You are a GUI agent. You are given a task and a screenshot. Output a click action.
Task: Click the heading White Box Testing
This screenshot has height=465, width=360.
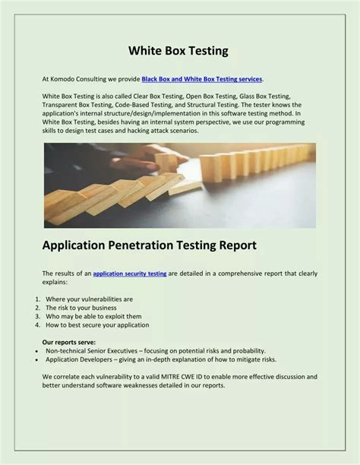point(178,51)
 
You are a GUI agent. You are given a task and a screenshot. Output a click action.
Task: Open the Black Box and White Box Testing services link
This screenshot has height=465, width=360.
point(202,79)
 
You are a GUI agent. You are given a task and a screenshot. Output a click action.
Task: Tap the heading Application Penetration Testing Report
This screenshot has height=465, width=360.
point(150,245)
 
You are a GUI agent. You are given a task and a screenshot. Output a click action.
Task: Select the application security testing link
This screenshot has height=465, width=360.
point(129,273)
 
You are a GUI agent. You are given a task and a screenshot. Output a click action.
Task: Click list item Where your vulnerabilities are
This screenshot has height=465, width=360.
point(89,299)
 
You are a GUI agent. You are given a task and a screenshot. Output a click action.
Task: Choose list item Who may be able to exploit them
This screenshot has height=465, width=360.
point(93,316)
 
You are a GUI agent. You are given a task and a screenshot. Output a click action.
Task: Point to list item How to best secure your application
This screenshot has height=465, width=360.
point(97,324)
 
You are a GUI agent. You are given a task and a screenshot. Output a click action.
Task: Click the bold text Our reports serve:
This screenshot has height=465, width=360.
point(69,343)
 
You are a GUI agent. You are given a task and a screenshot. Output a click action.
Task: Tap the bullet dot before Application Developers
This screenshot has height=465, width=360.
point(37,359)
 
